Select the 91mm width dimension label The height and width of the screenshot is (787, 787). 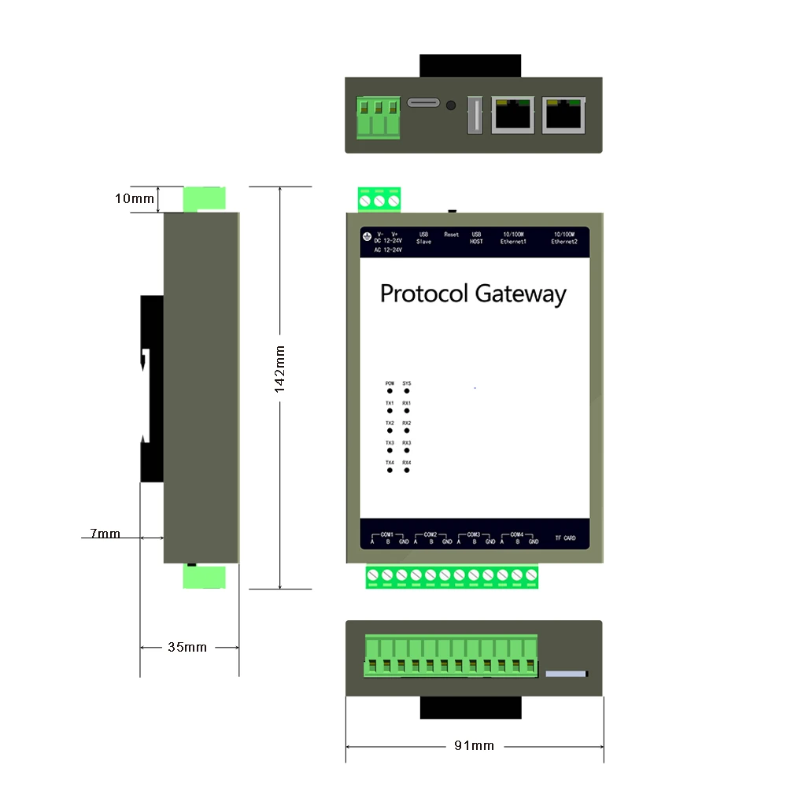474,745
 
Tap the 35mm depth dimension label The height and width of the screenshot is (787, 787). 187,647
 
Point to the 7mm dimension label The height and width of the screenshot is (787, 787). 105,534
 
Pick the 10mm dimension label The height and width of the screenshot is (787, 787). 135,198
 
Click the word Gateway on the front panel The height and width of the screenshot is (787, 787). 520,294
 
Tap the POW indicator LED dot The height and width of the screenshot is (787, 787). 390,391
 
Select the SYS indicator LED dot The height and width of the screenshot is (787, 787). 407,391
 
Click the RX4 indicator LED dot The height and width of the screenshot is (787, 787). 407,471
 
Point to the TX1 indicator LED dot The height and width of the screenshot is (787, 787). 390,411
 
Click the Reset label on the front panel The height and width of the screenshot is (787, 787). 451,235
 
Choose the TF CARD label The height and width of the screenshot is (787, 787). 565,538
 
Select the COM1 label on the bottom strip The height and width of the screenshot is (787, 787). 386,534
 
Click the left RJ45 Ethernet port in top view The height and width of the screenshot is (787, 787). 512,114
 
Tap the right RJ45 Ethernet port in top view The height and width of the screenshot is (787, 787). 564,114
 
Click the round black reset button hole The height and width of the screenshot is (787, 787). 451,105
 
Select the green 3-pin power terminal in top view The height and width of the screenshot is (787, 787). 379,117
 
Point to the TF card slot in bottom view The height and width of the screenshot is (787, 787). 567,674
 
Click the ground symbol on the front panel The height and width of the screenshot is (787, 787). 367,235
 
